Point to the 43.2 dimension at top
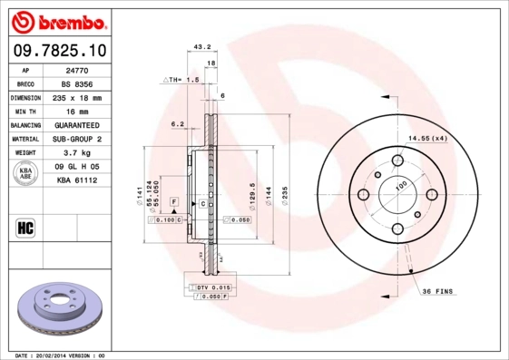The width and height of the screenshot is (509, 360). [x=203, y=45]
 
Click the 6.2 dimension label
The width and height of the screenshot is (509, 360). [x=177, y=123]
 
